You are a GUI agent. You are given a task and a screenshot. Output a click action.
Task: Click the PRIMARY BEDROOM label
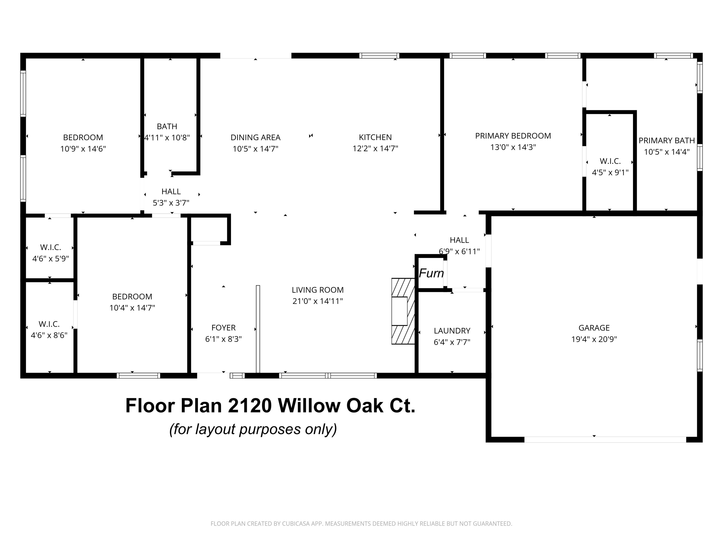coord(513,136)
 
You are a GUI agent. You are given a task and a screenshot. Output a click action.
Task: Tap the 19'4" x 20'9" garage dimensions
coord(594,339)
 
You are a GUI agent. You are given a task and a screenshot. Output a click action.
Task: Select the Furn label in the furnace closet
coord(431,273)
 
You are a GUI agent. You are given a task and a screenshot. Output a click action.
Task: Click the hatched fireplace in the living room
coord(403,311)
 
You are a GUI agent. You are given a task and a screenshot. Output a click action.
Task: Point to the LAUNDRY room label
coord(452,331)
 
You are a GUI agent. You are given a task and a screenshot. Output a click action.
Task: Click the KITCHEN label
coord(375,137)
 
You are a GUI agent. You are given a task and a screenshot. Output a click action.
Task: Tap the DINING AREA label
coord(255,138)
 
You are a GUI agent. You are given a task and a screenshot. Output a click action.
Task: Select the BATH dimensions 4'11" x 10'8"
coord(167,138)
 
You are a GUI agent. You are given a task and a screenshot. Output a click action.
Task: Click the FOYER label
coord(223,328)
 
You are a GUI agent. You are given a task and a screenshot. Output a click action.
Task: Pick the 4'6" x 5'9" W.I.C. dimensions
coord(50,259)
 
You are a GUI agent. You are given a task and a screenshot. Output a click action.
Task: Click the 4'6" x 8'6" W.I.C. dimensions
coord(49,335)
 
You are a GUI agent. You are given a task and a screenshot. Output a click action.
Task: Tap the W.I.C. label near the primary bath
coord(610,161)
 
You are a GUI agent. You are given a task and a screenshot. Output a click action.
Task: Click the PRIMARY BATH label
coord(667,140)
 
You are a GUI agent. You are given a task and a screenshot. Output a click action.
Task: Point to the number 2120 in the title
coord(250,406)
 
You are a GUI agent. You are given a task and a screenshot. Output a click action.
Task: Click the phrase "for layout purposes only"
coord(253,429)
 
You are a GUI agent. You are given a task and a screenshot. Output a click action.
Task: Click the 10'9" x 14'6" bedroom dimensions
coord(83,149)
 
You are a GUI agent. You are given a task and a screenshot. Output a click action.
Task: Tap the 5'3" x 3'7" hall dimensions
coord(171,203)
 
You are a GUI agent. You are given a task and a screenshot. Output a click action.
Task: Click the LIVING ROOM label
coord(317,290)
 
